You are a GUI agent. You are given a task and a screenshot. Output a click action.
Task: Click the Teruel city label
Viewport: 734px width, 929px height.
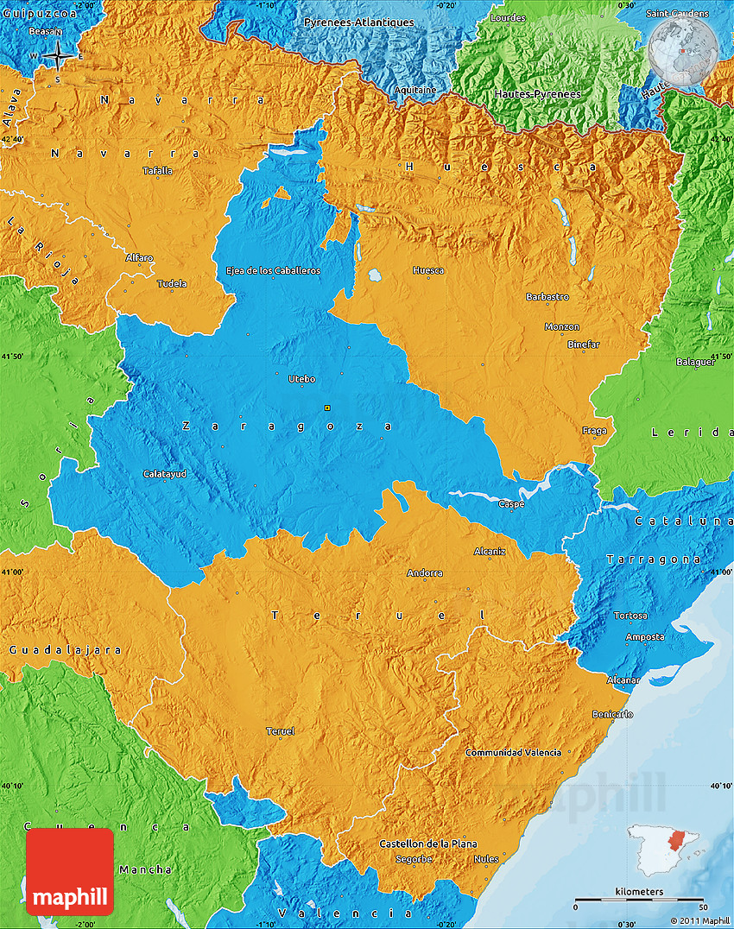(x=280, y=731)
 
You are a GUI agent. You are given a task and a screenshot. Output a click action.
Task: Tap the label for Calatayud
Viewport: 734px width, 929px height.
(x=164, y=473)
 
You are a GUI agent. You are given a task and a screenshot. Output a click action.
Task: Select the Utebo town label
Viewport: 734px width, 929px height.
(x=301, y=379)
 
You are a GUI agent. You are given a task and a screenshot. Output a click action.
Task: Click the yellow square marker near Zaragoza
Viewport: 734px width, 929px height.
(x=326, y=408)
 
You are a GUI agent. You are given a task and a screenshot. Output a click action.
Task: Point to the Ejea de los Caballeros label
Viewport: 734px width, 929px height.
(x=273, y=270)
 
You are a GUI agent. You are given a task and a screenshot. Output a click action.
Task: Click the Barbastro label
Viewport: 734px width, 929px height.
(x=547, y=296)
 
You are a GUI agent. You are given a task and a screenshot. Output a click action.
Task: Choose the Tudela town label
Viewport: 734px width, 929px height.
(x=172, y=283)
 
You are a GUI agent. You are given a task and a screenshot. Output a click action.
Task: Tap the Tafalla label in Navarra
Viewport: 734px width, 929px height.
(x=157, y=170)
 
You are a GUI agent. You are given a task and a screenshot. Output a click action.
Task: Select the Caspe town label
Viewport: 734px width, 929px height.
(x=510, y=503)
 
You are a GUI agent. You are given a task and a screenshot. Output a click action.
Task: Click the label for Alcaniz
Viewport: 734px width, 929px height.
(x=490, y=550)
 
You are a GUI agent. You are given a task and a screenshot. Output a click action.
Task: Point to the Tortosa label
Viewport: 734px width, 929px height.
(x=630, y=616)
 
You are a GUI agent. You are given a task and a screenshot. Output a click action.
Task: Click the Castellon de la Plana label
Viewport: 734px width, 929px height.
(x=427, y=844)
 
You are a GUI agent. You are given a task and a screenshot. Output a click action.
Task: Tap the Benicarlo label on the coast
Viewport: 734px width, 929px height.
(x=612, y=714)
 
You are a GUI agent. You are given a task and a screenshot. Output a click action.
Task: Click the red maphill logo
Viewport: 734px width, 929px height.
(x=70, y=872)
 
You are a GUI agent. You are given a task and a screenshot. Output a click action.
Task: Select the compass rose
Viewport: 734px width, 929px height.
(x=57, y=56)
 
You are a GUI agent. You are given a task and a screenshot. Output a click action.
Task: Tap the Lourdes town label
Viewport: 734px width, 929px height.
(x=507, y=17)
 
